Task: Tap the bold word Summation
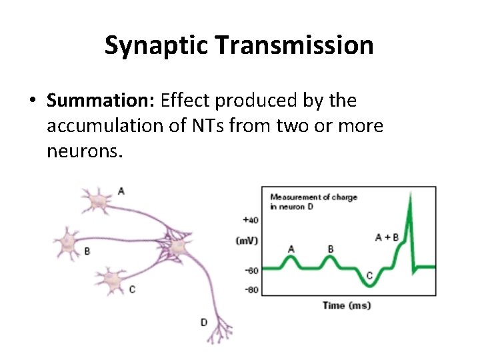coord(100,101)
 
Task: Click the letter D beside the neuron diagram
coord(203,322)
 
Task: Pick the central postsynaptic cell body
coord(177,248)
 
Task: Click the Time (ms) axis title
coord(346,305)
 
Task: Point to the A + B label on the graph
coord(387,237)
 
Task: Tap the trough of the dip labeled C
coord(369,285)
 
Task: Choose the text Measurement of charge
coord(313,197)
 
